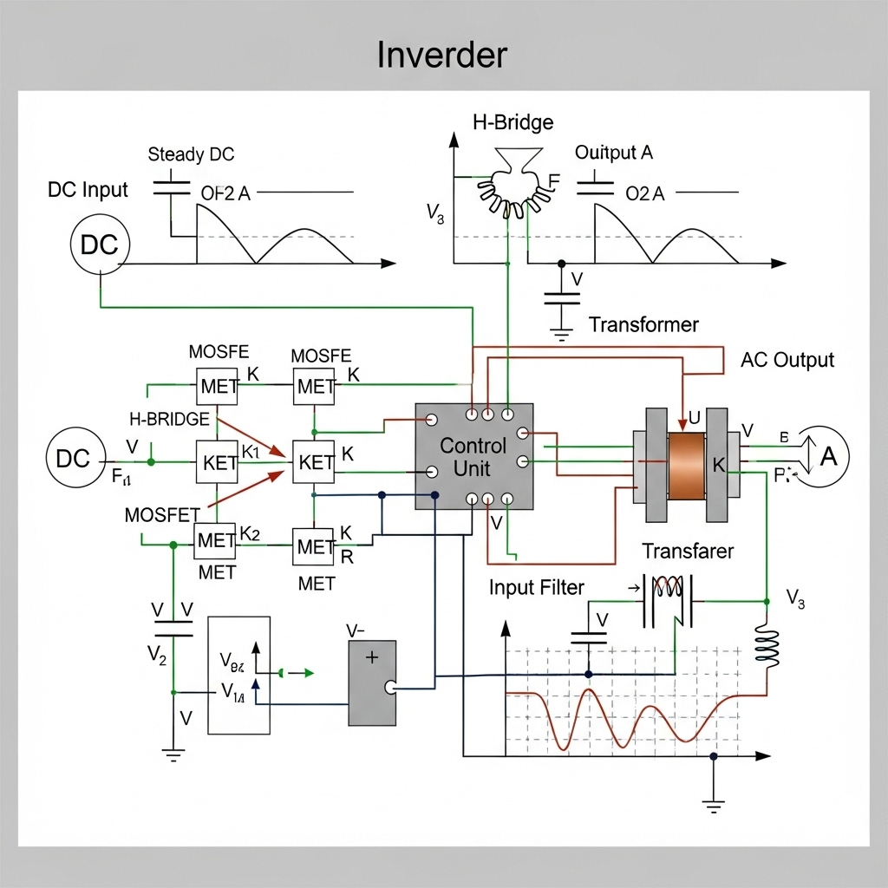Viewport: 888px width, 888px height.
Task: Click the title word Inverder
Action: point(441,55)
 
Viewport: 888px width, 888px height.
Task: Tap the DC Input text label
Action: point(88,190)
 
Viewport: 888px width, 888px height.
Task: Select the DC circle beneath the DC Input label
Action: point(99,245)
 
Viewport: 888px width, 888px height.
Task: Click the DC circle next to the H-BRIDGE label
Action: point(75,458)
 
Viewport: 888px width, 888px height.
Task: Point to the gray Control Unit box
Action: point(473,456)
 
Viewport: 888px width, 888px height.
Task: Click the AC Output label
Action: point(787,360)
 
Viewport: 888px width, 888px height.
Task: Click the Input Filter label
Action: point(536,587)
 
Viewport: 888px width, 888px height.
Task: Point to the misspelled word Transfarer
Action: point(688,551)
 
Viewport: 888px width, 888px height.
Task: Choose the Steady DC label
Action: point(191,155)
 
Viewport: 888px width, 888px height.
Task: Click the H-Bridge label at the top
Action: point(513,122)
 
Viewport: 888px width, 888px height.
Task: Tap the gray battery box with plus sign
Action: point(372,682)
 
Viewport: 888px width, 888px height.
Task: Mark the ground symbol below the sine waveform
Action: point(713,806)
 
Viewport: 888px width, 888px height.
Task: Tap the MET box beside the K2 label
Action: point(215,541)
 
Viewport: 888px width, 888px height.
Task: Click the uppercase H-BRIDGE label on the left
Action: point(169,419)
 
